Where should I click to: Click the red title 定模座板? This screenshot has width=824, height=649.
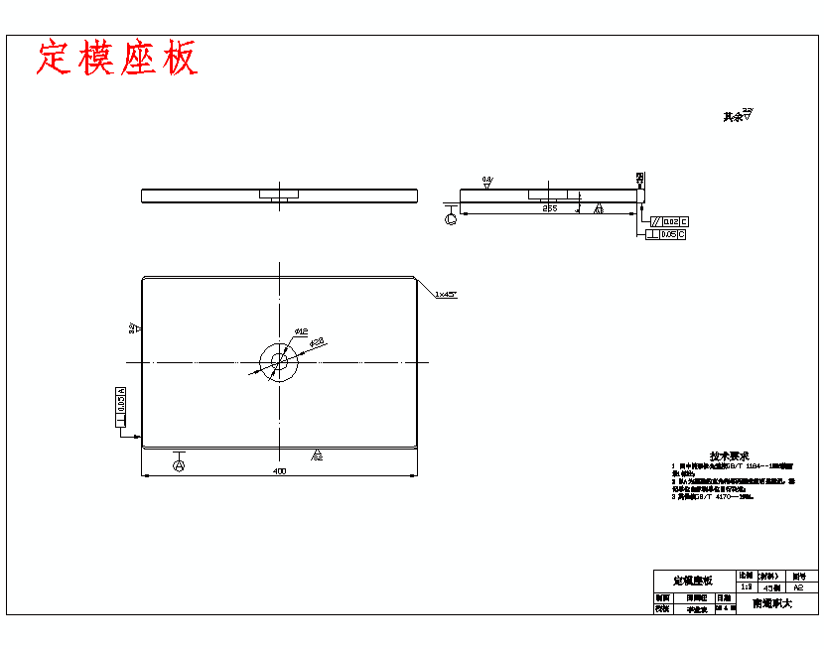pyautogui.click(x=117, y=59)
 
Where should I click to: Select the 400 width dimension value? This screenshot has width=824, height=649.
pyautogui.click(x=279, y=471)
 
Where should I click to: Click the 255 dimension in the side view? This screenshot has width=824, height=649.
pyautogui.click(x=549, y=208)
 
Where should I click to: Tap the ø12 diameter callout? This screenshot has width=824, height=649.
pyautogui.click(x=301, y=330)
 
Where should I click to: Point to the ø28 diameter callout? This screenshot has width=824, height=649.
pyautogui.click(x=318, y=342)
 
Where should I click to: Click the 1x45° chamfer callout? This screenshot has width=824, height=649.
pyautogui.click(x=445, y=295)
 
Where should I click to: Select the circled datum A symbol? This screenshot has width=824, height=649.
pyautogui.click(x=179, y=464)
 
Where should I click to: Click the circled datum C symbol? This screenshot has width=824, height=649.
pyautogui.click(x=452, y=218)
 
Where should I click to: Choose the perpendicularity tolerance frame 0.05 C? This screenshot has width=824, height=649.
pyautogui.click(x=665, y=234)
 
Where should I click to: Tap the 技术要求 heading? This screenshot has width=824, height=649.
pyautogui.click(x=729, y=455)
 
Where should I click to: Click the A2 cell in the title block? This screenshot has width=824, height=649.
pyautogui.click(x=798, y=587)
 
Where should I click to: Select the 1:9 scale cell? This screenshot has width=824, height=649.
pyautogui.click(x=746, y=587)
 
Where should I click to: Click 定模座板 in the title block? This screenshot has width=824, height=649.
pyautogui.click(x=693, y=580)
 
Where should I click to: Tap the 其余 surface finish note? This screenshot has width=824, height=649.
pyautogui.click(x=738, y=116)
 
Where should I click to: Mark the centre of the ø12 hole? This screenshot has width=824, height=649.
pyautogui.click(x=280, y=361)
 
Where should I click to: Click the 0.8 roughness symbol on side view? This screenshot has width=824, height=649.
pyautogui.click(x=487, y=181)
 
